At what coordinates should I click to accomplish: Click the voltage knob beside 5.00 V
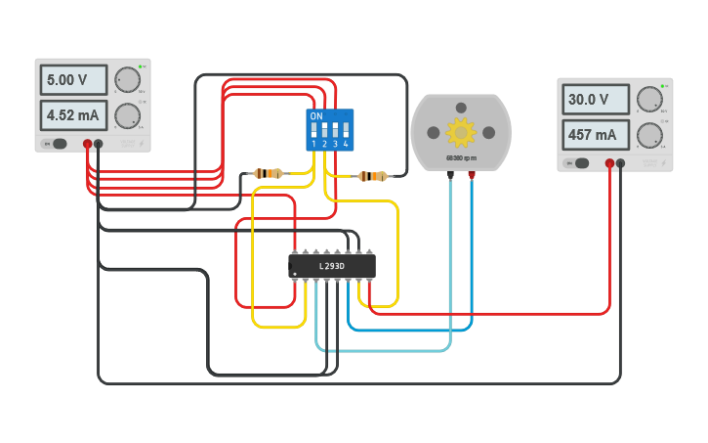click(x=127, y=80)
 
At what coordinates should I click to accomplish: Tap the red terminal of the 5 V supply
click(x=87, y=144)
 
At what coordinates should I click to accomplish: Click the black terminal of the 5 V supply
click(x=99, y=144)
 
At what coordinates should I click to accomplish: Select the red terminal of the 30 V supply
click(x=609, y=163)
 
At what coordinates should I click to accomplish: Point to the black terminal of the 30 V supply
click(x=621, y=163)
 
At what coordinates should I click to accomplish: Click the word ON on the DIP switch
click(x=315, y=115)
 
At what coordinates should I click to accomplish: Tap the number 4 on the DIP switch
click(x=346, y=144)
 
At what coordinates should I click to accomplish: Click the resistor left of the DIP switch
click(x=268, y=173)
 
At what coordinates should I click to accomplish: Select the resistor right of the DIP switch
click(x=372, y=176)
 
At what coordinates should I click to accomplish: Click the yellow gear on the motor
click(x=460, y=130)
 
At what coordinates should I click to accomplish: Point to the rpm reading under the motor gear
click(x=460, y=157)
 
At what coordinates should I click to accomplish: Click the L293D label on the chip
click(x=332, y=266)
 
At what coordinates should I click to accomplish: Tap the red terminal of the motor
click(x=472, y=175)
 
